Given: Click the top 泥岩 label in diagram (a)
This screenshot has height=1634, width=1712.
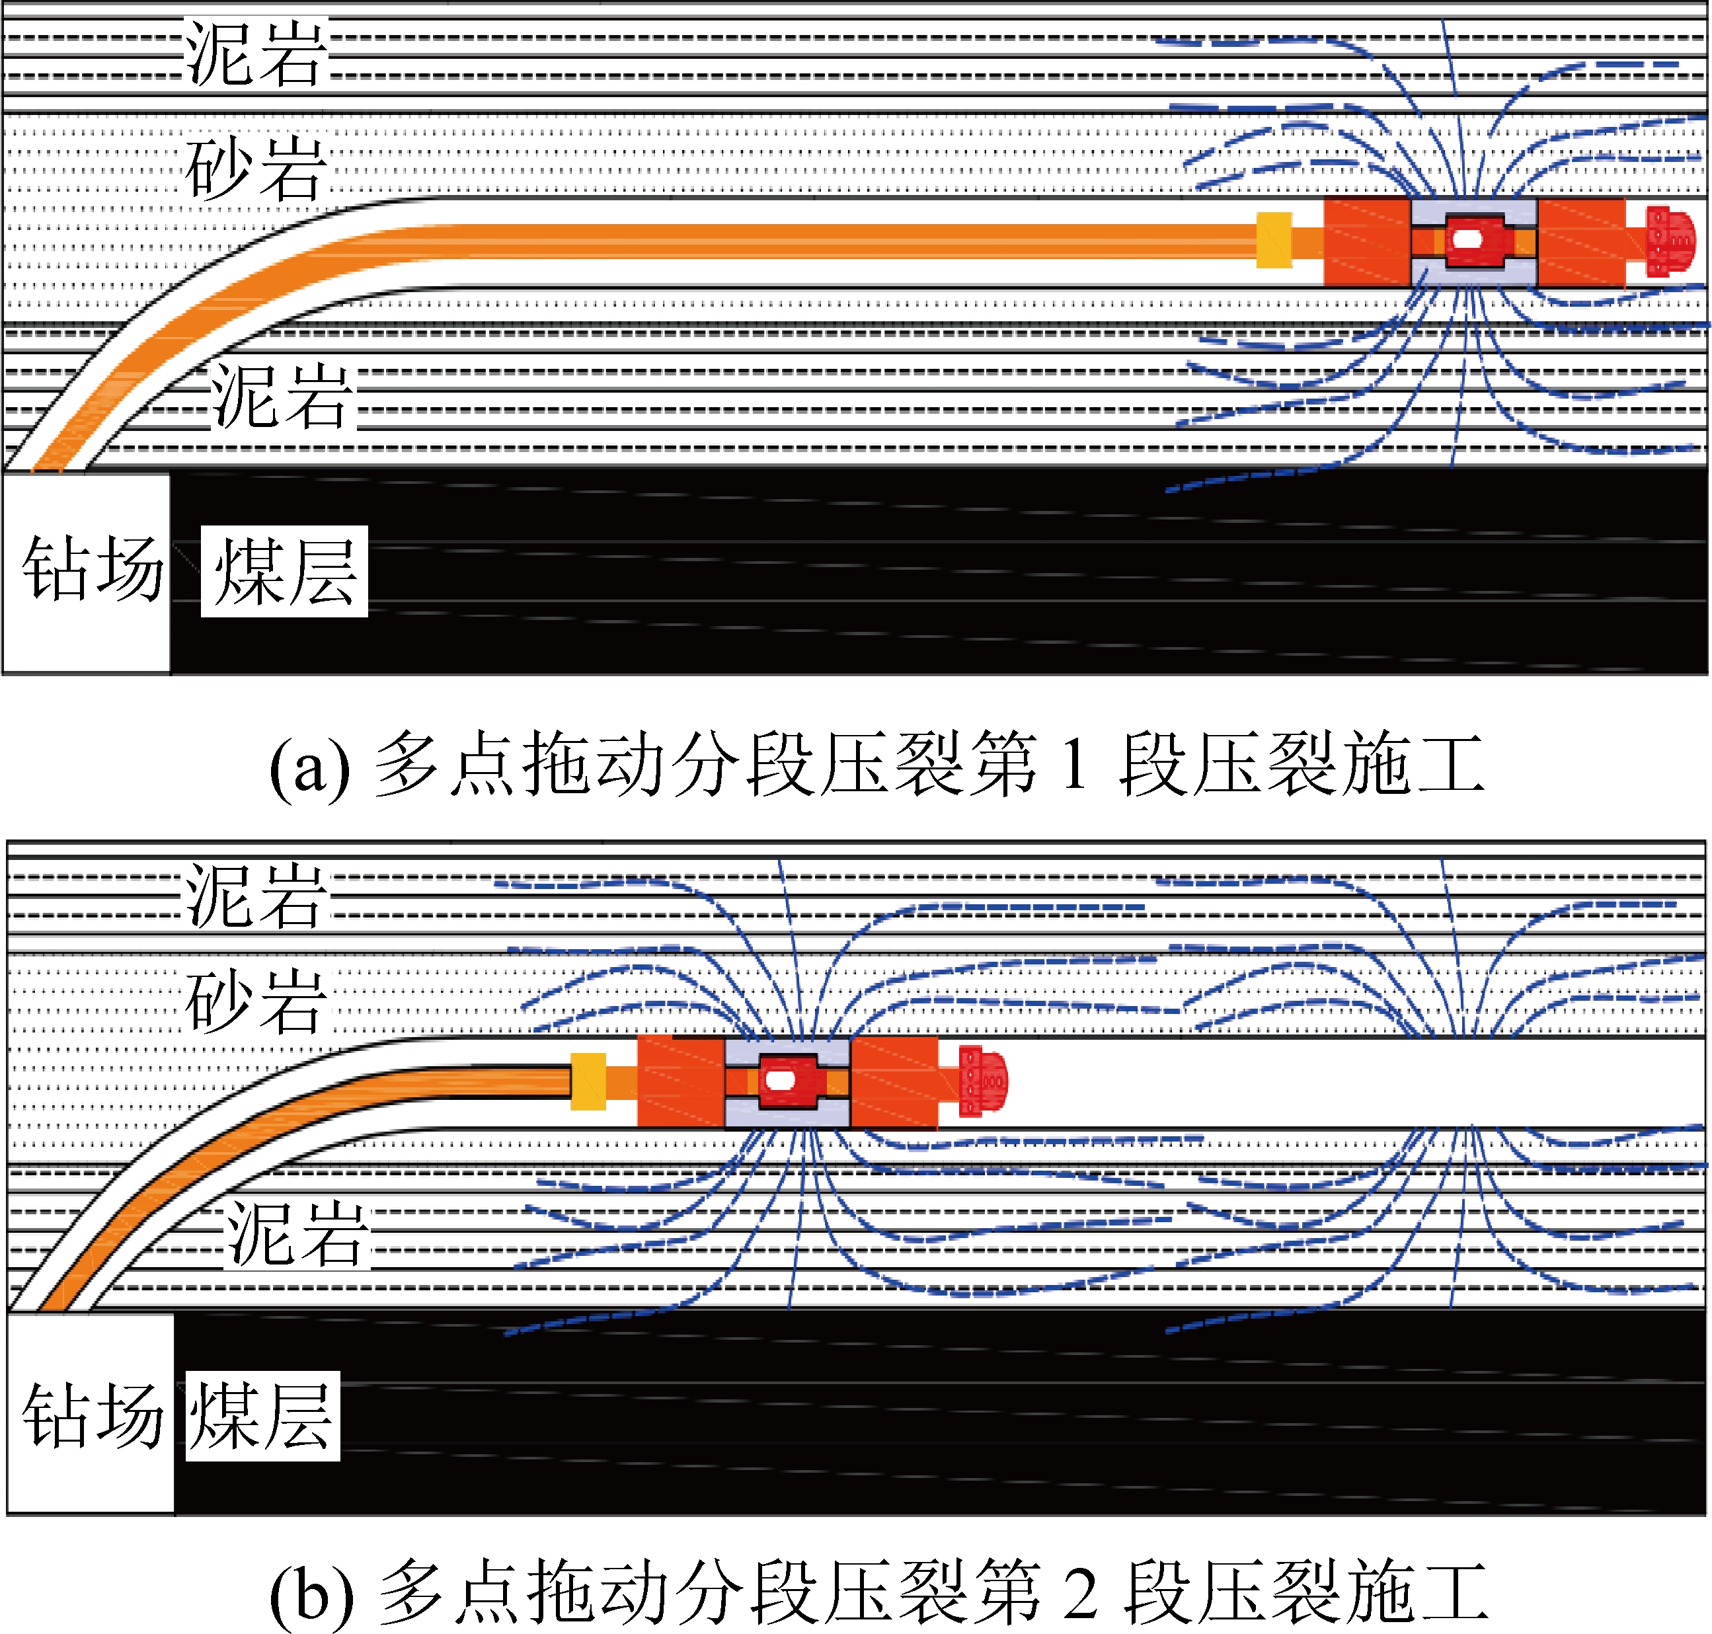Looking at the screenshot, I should tap(255, 54).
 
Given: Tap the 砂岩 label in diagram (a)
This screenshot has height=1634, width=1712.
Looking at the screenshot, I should tap(255, 168).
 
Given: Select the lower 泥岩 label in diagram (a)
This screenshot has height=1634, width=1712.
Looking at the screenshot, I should tap(282, 397).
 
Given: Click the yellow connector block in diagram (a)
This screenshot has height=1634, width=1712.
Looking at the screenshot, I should tap(1273, 241).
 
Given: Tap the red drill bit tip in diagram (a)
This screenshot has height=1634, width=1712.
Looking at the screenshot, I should tap(1670, 241).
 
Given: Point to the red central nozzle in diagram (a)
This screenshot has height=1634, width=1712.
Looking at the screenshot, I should tap(1471, 241).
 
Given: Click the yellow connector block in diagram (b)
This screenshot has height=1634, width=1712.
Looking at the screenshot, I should tap(588, 1082).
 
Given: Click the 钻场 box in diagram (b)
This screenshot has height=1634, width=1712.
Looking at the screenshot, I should tap(91, 1415).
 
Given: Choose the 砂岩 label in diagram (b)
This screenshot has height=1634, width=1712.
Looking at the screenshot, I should tap(255, 1001).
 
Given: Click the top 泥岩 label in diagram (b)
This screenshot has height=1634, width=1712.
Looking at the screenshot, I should tap(255, 896).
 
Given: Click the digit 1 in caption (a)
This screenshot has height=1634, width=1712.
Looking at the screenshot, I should tap(1075, 765).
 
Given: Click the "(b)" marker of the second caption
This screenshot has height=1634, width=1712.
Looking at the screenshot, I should tap(313, 1594).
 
